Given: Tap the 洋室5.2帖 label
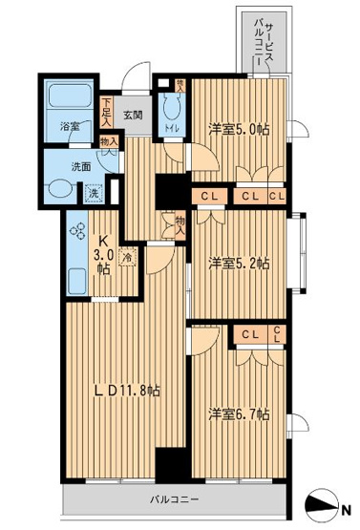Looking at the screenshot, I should pos(238,262).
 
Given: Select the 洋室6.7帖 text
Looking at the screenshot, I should pos(240,414).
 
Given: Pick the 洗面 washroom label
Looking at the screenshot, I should pos(81,166).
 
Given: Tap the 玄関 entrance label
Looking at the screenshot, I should pos(132,117).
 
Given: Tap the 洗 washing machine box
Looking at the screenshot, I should pos(95,193).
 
